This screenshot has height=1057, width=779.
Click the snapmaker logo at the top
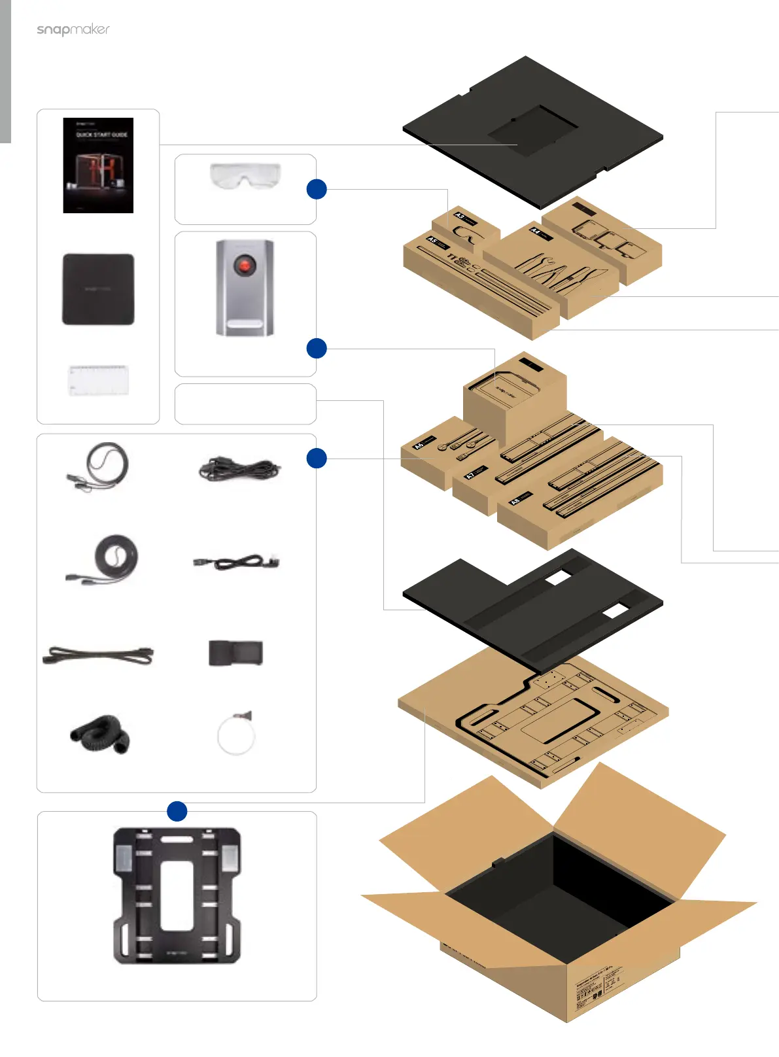coord(73,29)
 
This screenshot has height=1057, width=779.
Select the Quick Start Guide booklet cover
coord(98,165)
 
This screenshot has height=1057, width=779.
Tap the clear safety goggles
coord(245,175)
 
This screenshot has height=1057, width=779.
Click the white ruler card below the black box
coord(98,380)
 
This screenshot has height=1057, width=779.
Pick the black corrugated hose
coord(101,734)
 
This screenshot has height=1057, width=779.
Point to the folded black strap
coord(235,653)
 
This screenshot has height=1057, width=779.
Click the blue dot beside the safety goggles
coord(317,189)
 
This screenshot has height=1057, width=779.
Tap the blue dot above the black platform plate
coord(177,811)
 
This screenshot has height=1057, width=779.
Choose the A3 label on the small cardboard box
coord(460,217)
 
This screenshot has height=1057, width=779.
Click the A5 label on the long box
coord(432,241)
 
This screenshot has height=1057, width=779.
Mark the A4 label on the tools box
coord(535,232)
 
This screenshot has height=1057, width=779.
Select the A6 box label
coord(419,445)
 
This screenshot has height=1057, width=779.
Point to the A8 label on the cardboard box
coord(515,501)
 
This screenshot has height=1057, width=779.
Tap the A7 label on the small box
coord(470,476)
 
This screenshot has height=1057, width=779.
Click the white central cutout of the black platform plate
coord(177,894)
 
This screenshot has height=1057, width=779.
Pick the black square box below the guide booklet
coord(98,289)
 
